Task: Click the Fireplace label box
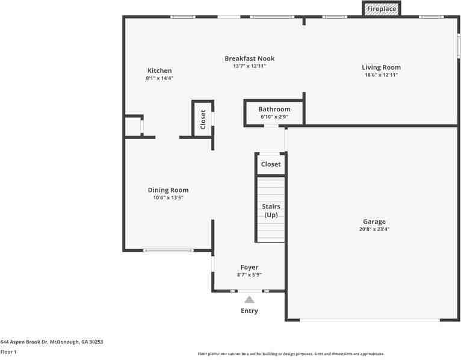pyautogui.click(x=382, y=9)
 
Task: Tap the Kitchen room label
pyautogui.click(x=159, y=70)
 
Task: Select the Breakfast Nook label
pyautogui.click(x=250, y=58)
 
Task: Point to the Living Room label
pyautogui.click(x=381, y=67)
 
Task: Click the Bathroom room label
pyautogui.click(x=274, y=109)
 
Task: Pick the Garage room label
pyautogui.click(x=374, y=222)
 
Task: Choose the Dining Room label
pyautogui.click(x=168, y=190)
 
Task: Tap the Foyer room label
pyautogui.click(x=249, y=267)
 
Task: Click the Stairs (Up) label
pyautogui.click(x=271, y=211)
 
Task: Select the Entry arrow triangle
pyautogui.click(x=249, y=299)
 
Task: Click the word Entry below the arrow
pyautogui.click(x=249, y=311)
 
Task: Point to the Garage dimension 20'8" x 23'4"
pyautogui.click(x=374, y=229)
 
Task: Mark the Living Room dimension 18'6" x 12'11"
pyautogui.click(x=381, y=75)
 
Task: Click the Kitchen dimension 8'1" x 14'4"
pyautogui.click(x=159, y=78)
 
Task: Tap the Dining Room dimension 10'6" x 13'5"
pyautogui.click(x=168, y=197)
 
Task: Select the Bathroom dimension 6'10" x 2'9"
pyautogui.click(x=274, y=117)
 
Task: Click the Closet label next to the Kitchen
pyautogui.click(x=203, y=119)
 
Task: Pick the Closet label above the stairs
pyautogui.click(x=271, y=164)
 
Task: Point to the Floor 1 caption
pyautogui.click(x=8, y=352)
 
